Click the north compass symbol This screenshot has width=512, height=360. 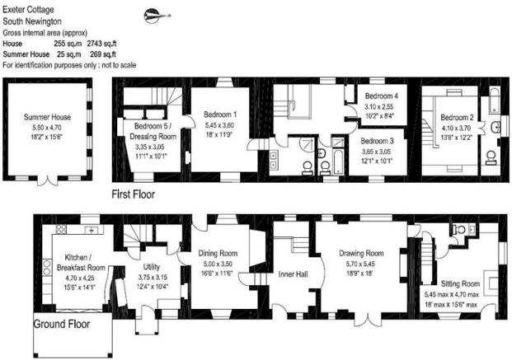(157, 16)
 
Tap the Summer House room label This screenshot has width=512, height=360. (47, 117)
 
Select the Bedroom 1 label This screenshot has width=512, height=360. (220, 115)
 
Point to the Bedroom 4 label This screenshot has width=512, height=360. (382, 96)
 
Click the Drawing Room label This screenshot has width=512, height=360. (361, 253)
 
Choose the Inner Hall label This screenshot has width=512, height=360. (293, 274)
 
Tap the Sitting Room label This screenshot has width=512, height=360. (460, 283)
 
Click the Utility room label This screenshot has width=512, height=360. (152, 267)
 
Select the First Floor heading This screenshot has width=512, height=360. (134, 194)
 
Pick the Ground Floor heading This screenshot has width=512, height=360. (62, 324)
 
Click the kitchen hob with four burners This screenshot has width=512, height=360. (61, 229)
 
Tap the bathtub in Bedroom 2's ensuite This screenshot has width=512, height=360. (495, 101)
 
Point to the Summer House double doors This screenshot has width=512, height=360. (48, 180)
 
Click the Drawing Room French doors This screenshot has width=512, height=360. (368, 319)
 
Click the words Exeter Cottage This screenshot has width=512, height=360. (28, 10)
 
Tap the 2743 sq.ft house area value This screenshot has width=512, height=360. (102, 44)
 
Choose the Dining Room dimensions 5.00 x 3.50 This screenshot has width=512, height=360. (218, 264)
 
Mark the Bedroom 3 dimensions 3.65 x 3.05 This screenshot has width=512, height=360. (377, 152)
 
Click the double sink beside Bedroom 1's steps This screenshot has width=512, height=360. (273, 160)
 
